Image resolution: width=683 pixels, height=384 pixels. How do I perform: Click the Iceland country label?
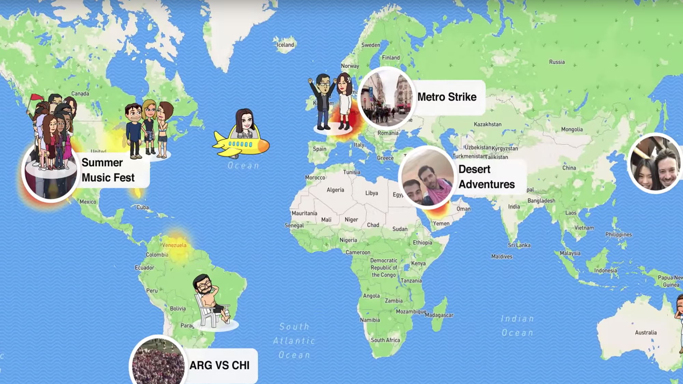285,45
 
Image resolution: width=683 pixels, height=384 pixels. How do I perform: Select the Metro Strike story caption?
447,97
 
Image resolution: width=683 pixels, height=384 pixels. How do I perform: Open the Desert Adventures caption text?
486,177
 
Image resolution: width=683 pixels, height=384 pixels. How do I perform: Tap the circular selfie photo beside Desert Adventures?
427,177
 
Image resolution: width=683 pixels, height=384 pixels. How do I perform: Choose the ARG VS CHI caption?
219,365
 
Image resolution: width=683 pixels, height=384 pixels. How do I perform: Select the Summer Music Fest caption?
108,170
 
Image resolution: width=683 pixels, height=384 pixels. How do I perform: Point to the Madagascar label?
439,315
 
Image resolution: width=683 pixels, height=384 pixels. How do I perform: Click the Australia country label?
645,332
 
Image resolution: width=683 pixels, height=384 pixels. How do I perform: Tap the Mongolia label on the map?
572,129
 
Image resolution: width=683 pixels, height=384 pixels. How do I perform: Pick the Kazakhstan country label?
487,124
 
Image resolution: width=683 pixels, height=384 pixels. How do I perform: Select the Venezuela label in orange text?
174,245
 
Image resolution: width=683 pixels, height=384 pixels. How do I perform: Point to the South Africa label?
385,340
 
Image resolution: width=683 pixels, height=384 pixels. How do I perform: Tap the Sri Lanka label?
519,245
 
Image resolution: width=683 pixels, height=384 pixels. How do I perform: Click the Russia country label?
557,62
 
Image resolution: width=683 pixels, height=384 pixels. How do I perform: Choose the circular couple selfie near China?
655,163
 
